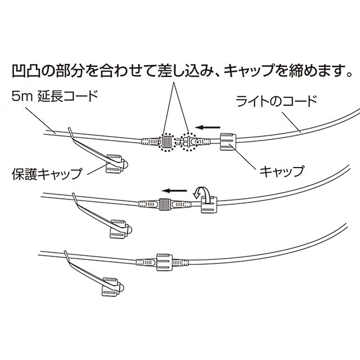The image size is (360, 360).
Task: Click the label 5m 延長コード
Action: pos(55,96)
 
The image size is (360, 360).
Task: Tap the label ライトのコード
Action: pos(277,101)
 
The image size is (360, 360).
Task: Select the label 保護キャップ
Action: pos(47,174)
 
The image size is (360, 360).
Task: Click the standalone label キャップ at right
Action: pos(282,171)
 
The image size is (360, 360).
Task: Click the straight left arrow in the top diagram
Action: pos(208,127)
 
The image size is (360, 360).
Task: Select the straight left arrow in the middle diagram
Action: pos(174,191)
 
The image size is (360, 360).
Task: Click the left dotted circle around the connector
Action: pos(166,142)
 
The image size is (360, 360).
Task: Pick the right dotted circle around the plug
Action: pos(188,142)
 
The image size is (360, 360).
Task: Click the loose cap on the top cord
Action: pos(228,142)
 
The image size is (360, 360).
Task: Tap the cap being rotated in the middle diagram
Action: pos(209,205)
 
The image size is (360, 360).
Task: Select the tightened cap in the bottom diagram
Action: pos(164,262)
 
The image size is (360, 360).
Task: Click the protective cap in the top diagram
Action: pos(115,164)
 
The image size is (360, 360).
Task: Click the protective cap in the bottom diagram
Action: pos(112,287)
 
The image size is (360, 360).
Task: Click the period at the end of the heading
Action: pos(349,74)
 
